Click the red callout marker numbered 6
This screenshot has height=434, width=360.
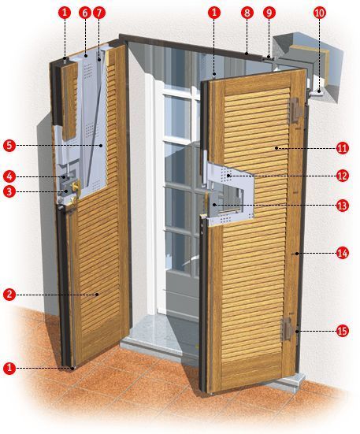click(x=84, y=13)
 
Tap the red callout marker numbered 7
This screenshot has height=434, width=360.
click(x=99, y=13)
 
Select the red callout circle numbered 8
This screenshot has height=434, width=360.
click(x=247, y=13)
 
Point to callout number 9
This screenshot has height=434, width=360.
click(x=269, y=13)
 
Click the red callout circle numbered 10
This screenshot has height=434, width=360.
click(x=320, y=13)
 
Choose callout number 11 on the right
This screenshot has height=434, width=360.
click(x=343, y=148)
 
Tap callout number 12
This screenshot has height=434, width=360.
click(x=343, y=176)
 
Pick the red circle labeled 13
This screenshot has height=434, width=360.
click(x=343, y=206)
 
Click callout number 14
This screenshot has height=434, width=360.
click(x=343, y=253)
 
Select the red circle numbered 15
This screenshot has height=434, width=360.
click(x=343, y=331)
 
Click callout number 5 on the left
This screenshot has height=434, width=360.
click(x=9, y=146)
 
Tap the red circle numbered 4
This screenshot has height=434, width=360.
click(x=9, y=177)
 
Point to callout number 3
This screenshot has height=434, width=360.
click(x=9, y=191)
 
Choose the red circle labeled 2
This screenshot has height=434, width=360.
click(x=9, y=295)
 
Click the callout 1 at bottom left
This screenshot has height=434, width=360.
click(x=9, y=368)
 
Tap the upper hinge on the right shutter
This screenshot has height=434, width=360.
click(x=295, y=111)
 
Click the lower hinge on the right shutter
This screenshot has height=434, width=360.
click(x=288, y=328)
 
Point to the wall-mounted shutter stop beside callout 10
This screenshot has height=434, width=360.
click(x=315, y=94)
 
